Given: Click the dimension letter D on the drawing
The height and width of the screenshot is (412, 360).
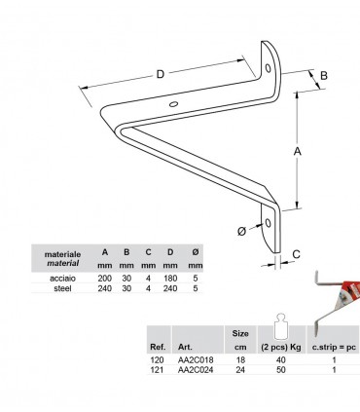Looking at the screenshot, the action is (161, 74).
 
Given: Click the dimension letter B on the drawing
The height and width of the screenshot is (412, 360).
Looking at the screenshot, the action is (324, 76).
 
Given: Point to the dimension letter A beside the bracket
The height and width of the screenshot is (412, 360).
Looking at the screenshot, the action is (297, 151).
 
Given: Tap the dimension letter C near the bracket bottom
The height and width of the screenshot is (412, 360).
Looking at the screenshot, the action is (296, 254).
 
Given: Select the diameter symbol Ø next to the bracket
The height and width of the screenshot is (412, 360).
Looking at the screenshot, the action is (241, 231).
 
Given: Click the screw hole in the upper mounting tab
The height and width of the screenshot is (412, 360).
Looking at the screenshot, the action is (268, 68).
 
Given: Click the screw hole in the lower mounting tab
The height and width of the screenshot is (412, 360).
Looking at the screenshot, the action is (268, 223).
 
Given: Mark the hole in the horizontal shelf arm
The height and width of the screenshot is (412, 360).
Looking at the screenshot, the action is (173, 104).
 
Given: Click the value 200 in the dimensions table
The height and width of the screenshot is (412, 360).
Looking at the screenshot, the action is (105, 279).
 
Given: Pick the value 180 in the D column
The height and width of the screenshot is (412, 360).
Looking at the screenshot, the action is (170, 279).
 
